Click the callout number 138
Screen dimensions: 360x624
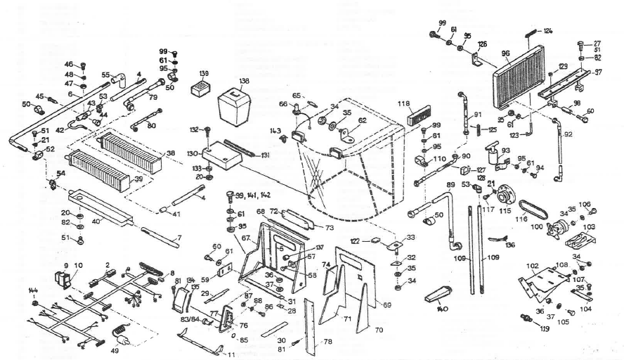tap(245, 81)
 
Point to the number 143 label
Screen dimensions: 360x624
tap(275, 131)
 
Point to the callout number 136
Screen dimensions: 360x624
tap(510, 245)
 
